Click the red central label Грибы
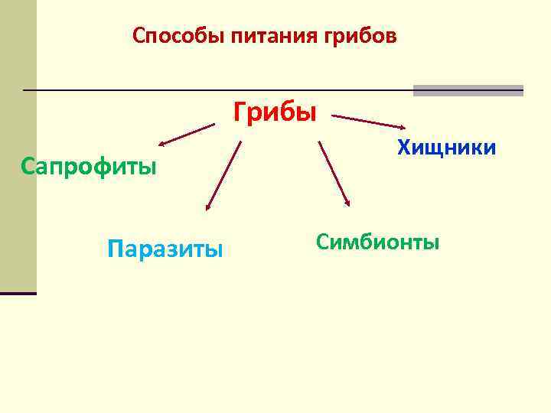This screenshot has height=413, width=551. pyautogui.click(x=275, y=112)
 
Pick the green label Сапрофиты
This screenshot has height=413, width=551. pyautogui.click(x=89, y=166)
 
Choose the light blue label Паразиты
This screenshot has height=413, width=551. pyautogui.click(x=165, y=249)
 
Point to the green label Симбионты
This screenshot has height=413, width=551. pyautogui.click(x=377, y=242)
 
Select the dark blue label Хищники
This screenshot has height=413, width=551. pyautogui.click(x=446, y=147)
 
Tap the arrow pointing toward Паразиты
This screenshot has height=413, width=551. pyautogui.click(x=223, y=175)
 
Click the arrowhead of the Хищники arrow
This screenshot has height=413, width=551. pyautogui.click(x=403, y=127)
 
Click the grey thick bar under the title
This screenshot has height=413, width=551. pyautogui.click(x=468, y=90)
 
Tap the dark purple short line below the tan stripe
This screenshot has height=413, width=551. pyautogui.click(x=18, y=293)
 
